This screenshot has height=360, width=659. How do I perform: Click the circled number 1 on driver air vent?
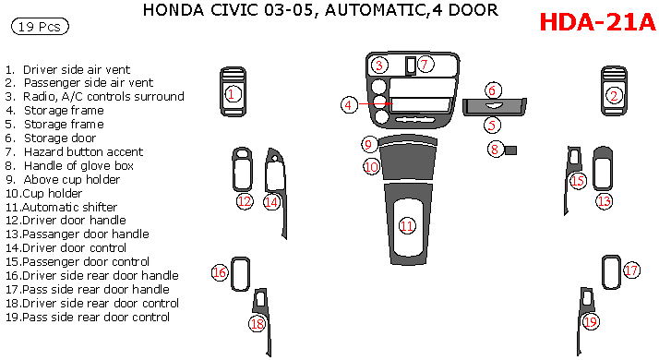pos(234,93)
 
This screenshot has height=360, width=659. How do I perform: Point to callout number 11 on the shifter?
pos(407,226)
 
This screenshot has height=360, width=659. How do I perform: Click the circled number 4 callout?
pos(349,105)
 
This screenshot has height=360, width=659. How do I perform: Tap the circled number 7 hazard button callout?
pos(425,65)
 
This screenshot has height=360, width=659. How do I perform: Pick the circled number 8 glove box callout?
pos(496,149)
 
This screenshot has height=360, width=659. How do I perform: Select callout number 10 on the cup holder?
pos(371,167)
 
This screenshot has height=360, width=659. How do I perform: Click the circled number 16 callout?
pos(220,272)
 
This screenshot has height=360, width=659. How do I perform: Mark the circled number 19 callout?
pos(591,320)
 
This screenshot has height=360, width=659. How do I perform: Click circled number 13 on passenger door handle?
pos(604,200)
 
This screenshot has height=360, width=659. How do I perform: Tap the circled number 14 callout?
pos(271,201)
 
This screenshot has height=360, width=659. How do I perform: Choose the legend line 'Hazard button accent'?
pos(83,151)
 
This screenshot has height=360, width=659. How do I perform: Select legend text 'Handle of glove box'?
pos(78,165)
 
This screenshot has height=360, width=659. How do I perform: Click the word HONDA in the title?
pos(172,11)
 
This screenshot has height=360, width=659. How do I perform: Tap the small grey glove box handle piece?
pos(510,150)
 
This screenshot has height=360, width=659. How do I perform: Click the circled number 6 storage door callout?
pos(493,90)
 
